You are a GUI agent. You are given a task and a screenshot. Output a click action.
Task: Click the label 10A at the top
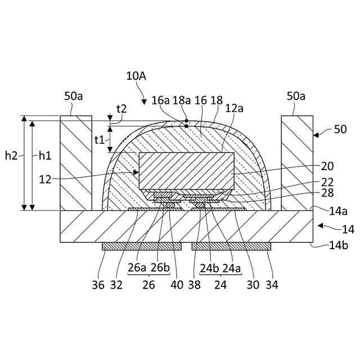(x=136, y=76)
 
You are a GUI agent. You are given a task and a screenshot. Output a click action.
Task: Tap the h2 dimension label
(x=11, y=156)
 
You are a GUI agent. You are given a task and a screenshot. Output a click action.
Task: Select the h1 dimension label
(x=45, y=156)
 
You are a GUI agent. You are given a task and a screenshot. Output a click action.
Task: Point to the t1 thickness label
(x=100, y=139)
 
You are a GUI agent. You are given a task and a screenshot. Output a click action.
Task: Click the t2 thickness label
(x=121, y=109)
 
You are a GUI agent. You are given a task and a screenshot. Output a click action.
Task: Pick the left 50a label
(x=74, y=96)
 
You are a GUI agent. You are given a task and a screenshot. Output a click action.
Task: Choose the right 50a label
(x=296, y=96)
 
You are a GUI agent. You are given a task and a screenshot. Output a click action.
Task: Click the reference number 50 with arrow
(x=340, y=129)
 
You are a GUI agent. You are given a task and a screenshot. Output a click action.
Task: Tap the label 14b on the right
(x=339, y=245)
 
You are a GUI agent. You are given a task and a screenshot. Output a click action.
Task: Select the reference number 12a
(x=234, y=109)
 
